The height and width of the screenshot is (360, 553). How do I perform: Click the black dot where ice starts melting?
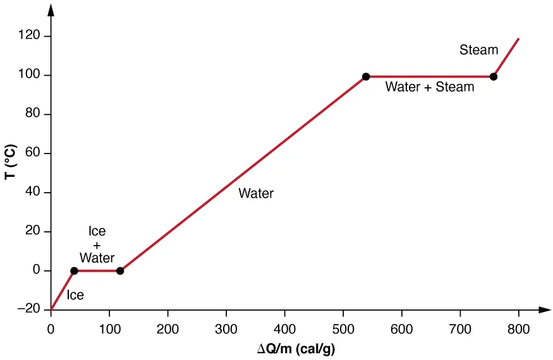[x=74, y=271]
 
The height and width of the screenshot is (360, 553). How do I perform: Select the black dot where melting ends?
[x=120, y=271]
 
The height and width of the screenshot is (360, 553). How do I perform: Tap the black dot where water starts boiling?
[x=366, y=77]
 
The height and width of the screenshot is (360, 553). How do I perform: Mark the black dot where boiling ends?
[x=494, y=77]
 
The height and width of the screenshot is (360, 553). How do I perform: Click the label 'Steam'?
[x=478, y=50]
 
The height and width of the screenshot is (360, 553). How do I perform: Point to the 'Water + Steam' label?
[x=430, y=87]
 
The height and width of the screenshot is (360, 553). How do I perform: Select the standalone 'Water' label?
[x=256, y=194]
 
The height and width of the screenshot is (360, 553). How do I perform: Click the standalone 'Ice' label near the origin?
[x=75, y=295]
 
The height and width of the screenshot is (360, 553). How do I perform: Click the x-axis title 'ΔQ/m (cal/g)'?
[x=300, y=348]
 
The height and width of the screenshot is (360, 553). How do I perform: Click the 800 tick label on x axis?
[x=518, y=328]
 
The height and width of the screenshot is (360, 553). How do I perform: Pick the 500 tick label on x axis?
[x=343, y=328]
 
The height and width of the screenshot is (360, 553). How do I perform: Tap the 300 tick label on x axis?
[x=226, y=328]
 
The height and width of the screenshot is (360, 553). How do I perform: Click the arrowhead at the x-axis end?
[x=544, y=310]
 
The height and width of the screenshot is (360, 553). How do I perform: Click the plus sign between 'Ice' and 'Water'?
[x=97, y=245]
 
